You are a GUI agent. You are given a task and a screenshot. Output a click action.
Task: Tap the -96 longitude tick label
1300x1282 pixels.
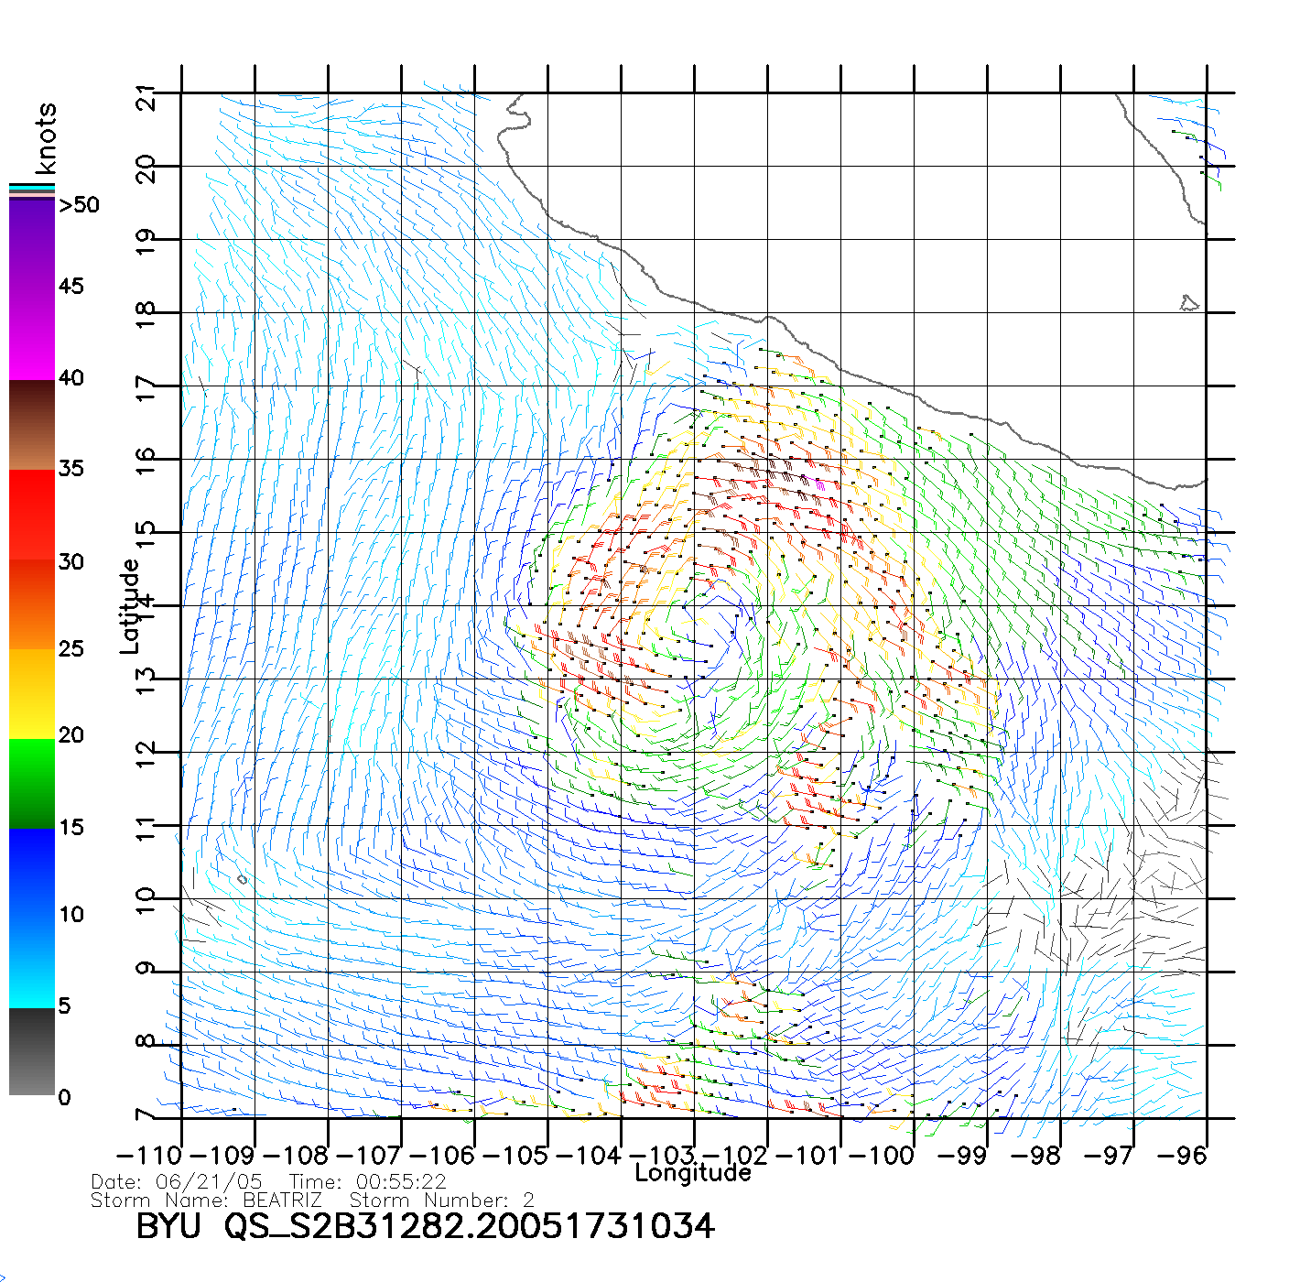(1182, 1156)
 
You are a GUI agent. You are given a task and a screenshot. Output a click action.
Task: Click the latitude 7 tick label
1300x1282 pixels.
(145, 1116)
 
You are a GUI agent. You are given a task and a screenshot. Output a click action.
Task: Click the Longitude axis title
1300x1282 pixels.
(693, 1173)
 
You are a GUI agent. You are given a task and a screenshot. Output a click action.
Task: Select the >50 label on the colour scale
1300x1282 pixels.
(79, 205)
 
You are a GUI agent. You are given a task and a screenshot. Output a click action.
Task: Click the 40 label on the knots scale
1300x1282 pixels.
(71, 378)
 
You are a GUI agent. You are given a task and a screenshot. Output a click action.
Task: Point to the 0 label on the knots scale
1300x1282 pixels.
(64, 1097)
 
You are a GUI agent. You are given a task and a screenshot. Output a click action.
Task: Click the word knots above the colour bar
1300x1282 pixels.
(46, 138)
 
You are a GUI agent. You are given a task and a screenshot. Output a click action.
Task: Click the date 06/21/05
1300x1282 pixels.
(209, 1182)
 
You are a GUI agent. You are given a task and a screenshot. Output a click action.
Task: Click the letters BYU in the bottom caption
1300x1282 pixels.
(168, 1226)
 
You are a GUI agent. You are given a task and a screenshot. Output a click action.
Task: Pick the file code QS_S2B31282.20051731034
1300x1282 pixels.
(470, 1226)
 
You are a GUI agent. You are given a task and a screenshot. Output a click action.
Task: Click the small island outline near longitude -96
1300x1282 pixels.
(1189, 302)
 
